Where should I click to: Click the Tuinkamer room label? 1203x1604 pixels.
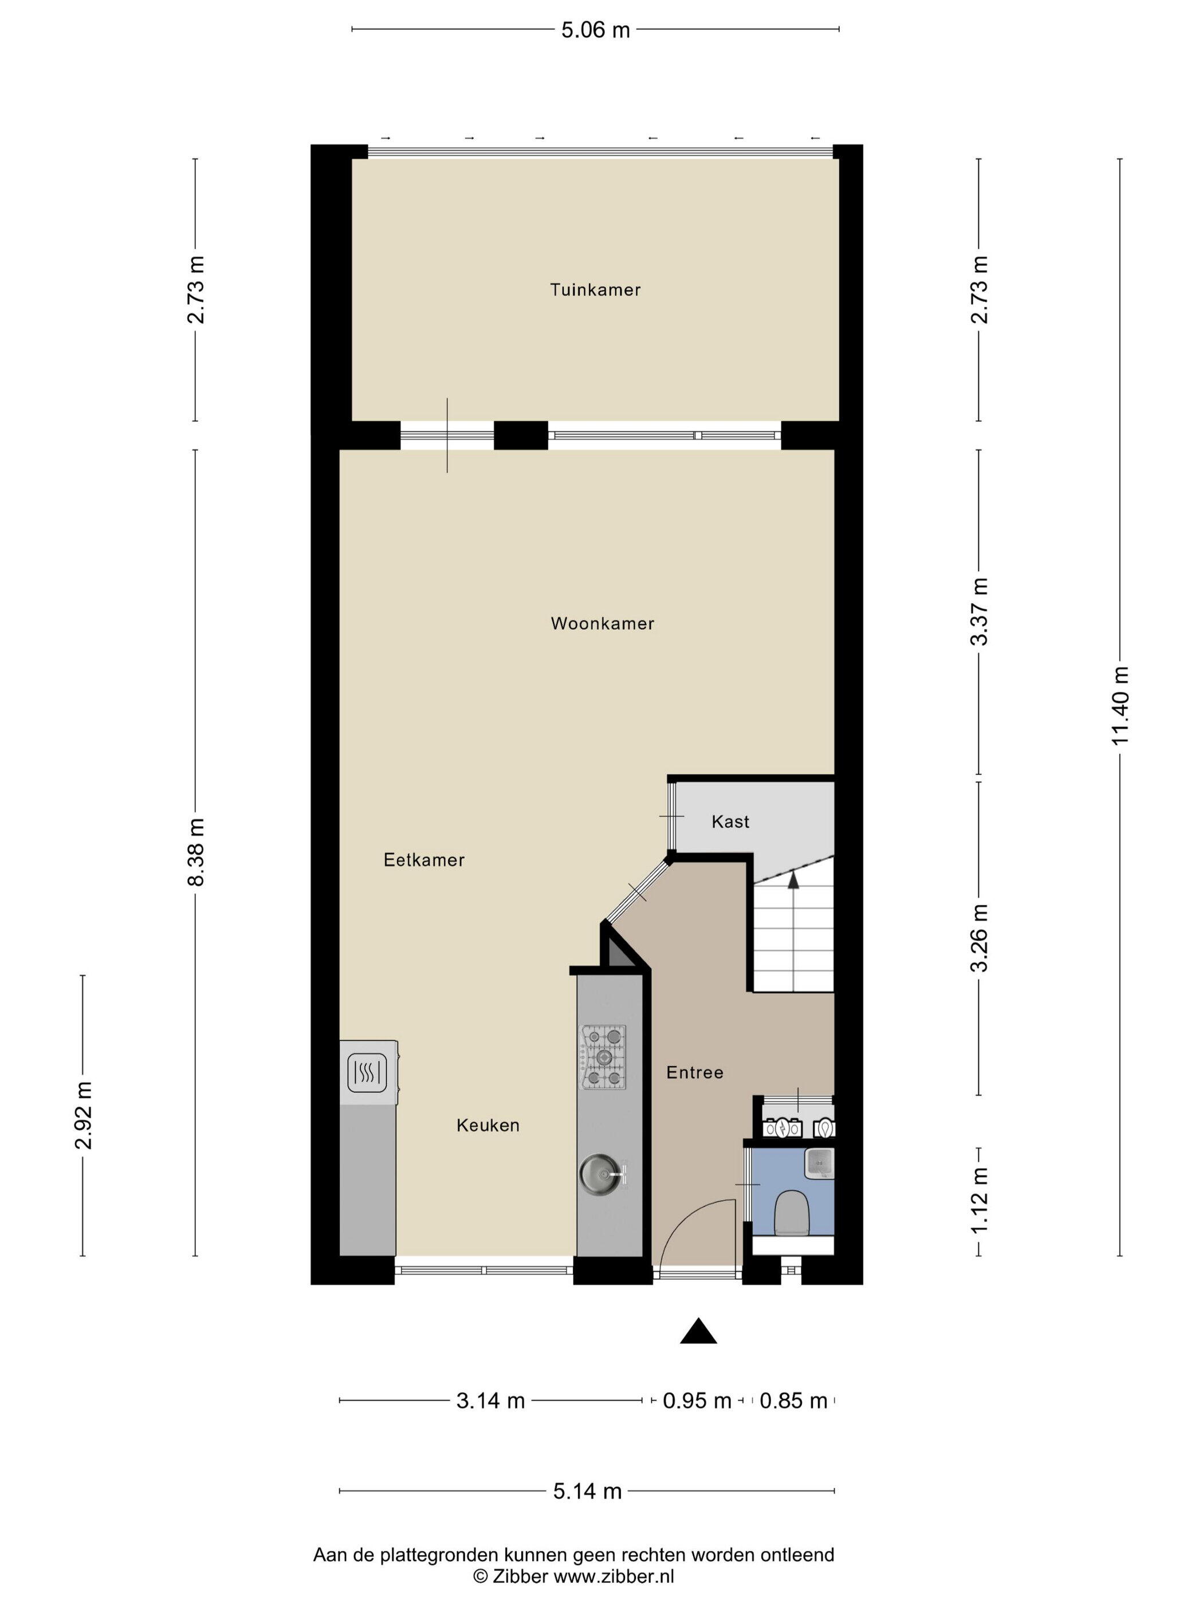pos(595,290)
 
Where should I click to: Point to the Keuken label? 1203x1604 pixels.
pos(488,1126)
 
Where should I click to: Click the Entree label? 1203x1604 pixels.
pos(695,1072)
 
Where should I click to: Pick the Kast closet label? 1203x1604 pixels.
pos(730,821)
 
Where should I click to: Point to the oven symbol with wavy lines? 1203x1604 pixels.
pos(368,1072)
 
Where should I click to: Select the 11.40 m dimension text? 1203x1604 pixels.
pos(1121,706)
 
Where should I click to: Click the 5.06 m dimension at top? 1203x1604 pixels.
pos(595,30)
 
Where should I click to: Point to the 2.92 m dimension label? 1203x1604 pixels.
pos(84,1115)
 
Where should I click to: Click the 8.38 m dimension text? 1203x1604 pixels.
pos(196,852)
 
